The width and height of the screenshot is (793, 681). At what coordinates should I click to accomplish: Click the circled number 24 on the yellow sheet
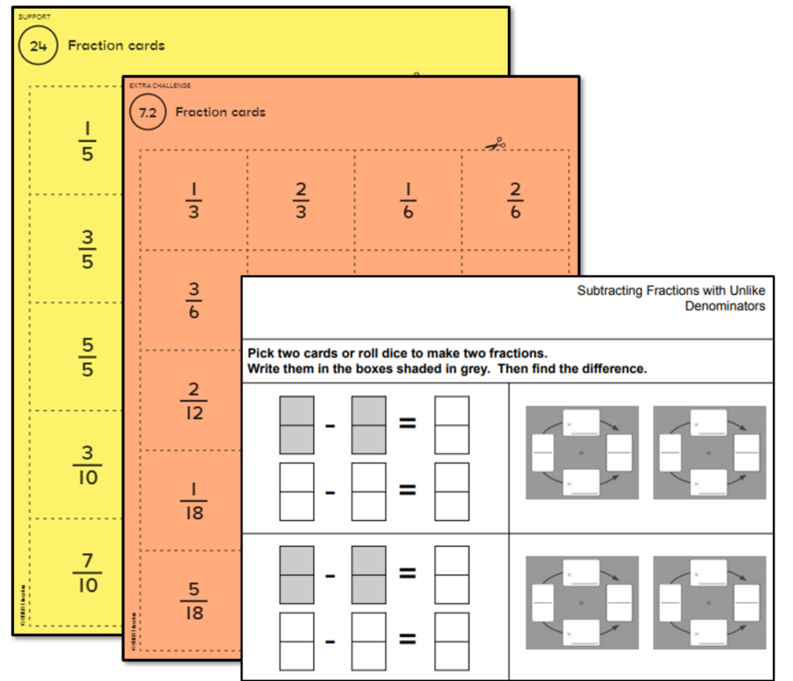point(38,46)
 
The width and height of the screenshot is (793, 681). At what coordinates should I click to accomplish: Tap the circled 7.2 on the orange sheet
point(147,112)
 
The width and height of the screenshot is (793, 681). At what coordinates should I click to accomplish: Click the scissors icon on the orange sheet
point(495,144)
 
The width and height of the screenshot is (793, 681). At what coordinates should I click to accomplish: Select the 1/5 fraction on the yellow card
point(87,140)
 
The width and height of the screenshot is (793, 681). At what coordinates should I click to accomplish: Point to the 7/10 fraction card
point(87,572)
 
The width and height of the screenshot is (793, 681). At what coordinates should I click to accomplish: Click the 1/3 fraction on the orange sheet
point(193,200)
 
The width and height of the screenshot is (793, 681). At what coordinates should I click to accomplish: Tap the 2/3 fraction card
point(301,200)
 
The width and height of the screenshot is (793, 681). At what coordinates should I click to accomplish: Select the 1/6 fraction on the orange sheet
point(408,200)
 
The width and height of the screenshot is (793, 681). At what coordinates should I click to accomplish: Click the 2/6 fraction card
point(515,200)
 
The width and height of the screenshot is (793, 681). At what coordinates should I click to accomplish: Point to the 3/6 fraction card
point(193,299)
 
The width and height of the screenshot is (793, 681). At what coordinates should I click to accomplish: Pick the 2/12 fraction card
point(193,400)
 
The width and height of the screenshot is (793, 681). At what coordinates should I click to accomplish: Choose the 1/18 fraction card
point(193,501)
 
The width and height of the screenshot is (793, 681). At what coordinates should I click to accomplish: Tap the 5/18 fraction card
point(193,600)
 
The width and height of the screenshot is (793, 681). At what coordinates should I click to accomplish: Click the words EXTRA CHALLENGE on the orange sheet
point(160,86)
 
